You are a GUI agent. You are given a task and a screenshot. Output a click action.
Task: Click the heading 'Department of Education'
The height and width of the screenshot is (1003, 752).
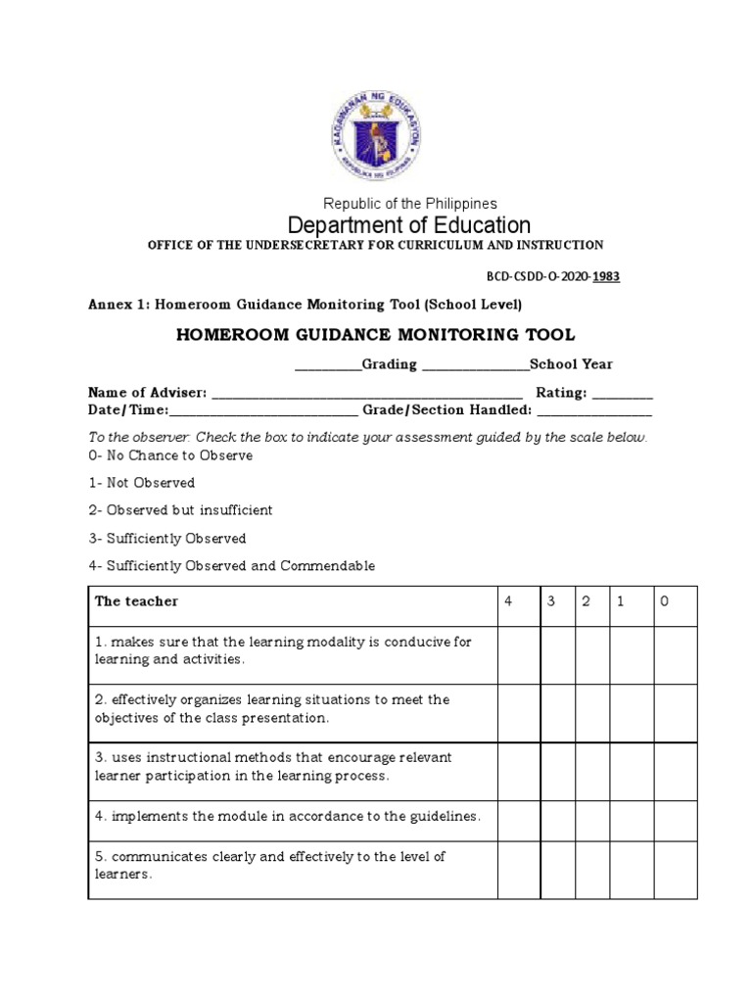point(408,225)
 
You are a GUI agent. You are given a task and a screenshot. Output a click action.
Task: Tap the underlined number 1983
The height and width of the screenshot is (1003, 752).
point(605,276)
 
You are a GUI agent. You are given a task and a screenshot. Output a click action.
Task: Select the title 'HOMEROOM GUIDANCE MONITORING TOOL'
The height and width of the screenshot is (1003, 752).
point(375,335)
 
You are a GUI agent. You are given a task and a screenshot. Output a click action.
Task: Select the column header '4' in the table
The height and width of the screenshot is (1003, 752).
point(508,601)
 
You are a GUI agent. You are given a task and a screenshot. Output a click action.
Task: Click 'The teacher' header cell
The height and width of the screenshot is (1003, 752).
point(136,601)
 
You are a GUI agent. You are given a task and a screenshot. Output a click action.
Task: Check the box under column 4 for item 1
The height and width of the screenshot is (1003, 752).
point(518,655)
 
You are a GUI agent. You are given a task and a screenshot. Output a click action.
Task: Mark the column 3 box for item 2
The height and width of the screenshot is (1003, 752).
point(556,713)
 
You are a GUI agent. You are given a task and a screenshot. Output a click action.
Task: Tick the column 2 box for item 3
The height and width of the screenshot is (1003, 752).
point(591,772)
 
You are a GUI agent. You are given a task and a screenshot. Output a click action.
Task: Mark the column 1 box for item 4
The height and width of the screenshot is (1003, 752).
point(631,816)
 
